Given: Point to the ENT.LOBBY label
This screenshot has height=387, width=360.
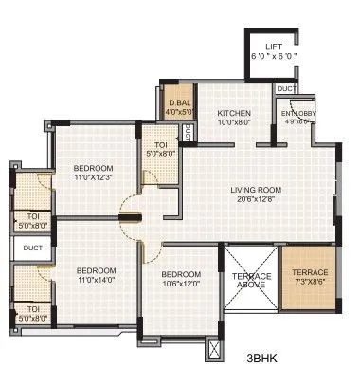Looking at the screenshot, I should [297, 115].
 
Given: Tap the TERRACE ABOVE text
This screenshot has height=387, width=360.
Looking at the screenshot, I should [252, 281].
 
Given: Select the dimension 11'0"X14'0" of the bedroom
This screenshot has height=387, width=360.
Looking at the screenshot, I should [95, 280].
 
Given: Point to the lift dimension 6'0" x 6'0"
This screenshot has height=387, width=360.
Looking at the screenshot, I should [274, 56].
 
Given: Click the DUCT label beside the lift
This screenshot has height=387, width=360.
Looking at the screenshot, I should [283, 88].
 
